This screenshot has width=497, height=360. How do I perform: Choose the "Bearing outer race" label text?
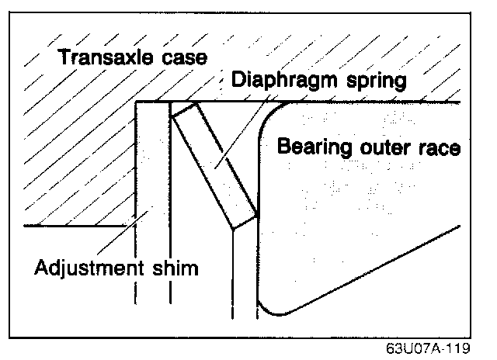coord(368,147)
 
